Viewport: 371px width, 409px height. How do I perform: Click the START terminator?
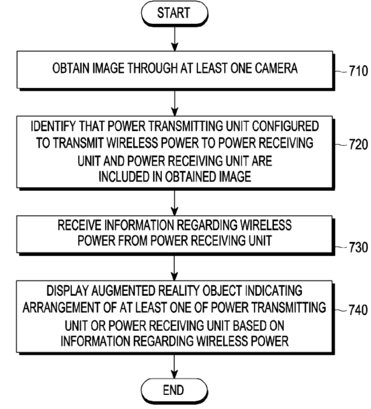[175, 13]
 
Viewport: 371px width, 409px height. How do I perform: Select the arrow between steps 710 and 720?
[175, 102]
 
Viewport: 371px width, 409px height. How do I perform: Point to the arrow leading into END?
[175, 366]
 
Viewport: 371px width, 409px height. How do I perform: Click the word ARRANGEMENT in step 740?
[67, 309]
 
